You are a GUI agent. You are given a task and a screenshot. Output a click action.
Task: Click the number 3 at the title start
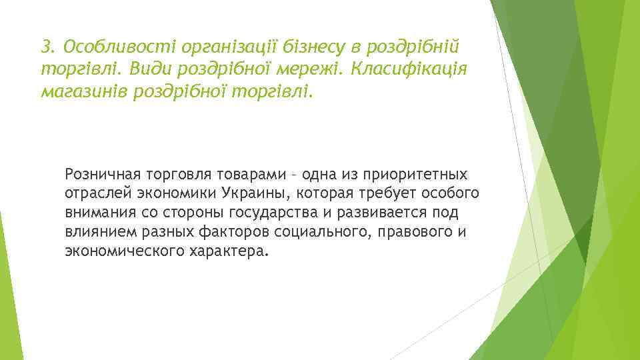tap(45, 47)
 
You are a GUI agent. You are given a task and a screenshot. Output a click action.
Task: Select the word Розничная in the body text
tap(101, 175)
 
